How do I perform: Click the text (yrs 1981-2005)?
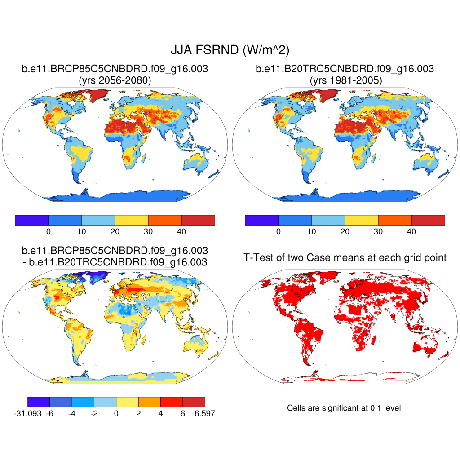point(345,80)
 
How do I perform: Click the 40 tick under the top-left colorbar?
point(181,232)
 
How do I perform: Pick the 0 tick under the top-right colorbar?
point(279,232)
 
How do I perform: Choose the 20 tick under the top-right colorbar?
point(345,232)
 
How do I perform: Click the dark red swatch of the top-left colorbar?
point(198,220)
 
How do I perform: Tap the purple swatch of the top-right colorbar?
point(262,220)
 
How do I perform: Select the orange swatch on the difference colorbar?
point(149,402)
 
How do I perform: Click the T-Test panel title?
point(345,257)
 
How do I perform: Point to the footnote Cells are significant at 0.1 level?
point(344,408)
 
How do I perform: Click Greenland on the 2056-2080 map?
point(97,94)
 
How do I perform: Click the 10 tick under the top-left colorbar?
point(82,232)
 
